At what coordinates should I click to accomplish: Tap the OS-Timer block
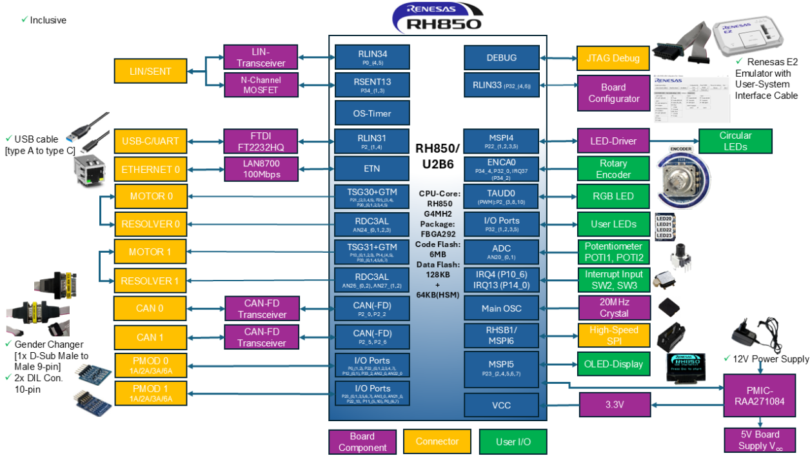(372, 113)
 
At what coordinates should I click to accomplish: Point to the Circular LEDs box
(735, 141)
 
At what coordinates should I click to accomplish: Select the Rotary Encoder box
(613, 169)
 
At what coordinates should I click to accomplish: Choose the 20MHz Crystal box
(613, 308)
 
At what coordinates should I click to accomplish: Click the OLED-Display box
(613, 364)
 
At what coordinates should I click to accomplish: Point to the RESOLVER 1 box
(150, 281)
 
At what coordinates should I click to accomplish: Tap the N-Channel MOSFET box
(261, 84)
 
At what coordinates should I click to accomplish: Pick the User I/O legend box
(513, 442)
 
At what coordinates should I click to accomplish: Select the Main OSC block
(501, 308)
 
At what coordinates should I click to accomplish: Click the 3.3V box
(613, 405)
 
